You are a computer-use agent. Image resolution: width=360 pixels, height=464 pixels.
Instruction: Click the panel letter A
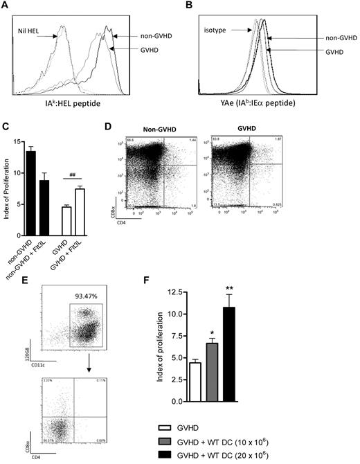pyautogui.click(x=6, y=5)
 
